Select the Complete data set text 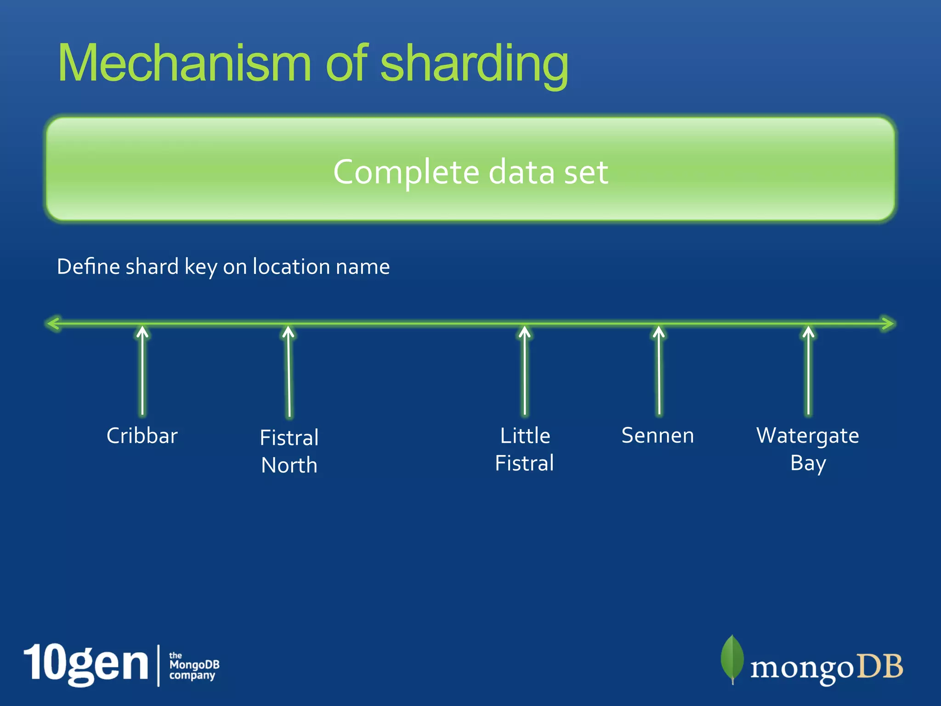(470, 172)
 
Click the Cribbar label (142, 436)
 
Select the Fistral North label (289, 451)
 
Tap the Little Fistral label (525, 449)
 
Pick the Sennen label (658, 435)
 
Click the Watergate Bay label (808, 449)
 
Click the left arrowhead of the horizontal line (53, 324)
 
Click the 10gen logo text (86, 665)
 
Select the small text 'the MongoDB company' (194, 666)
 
